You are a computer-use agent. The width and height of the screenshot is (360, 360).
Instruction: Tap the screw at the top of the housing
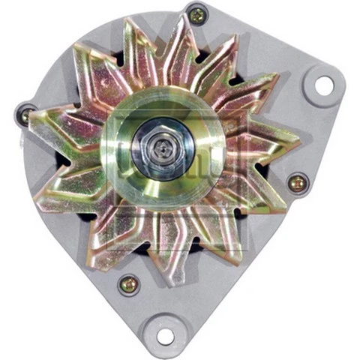tap(196, 13)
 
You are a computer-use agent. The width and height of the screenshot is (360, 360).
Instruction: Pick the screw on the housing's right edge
tap(297, 181)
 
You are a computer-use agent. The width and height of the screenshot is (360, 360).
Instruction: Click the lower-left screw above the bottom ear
tap(128, 283)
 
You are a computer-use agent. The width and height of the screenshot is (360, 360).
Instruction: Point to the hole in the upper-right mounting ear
tap(323, 85)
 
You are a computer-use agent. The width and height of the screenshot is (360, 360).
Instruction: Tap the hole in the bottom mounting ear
tap(165, 336)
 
